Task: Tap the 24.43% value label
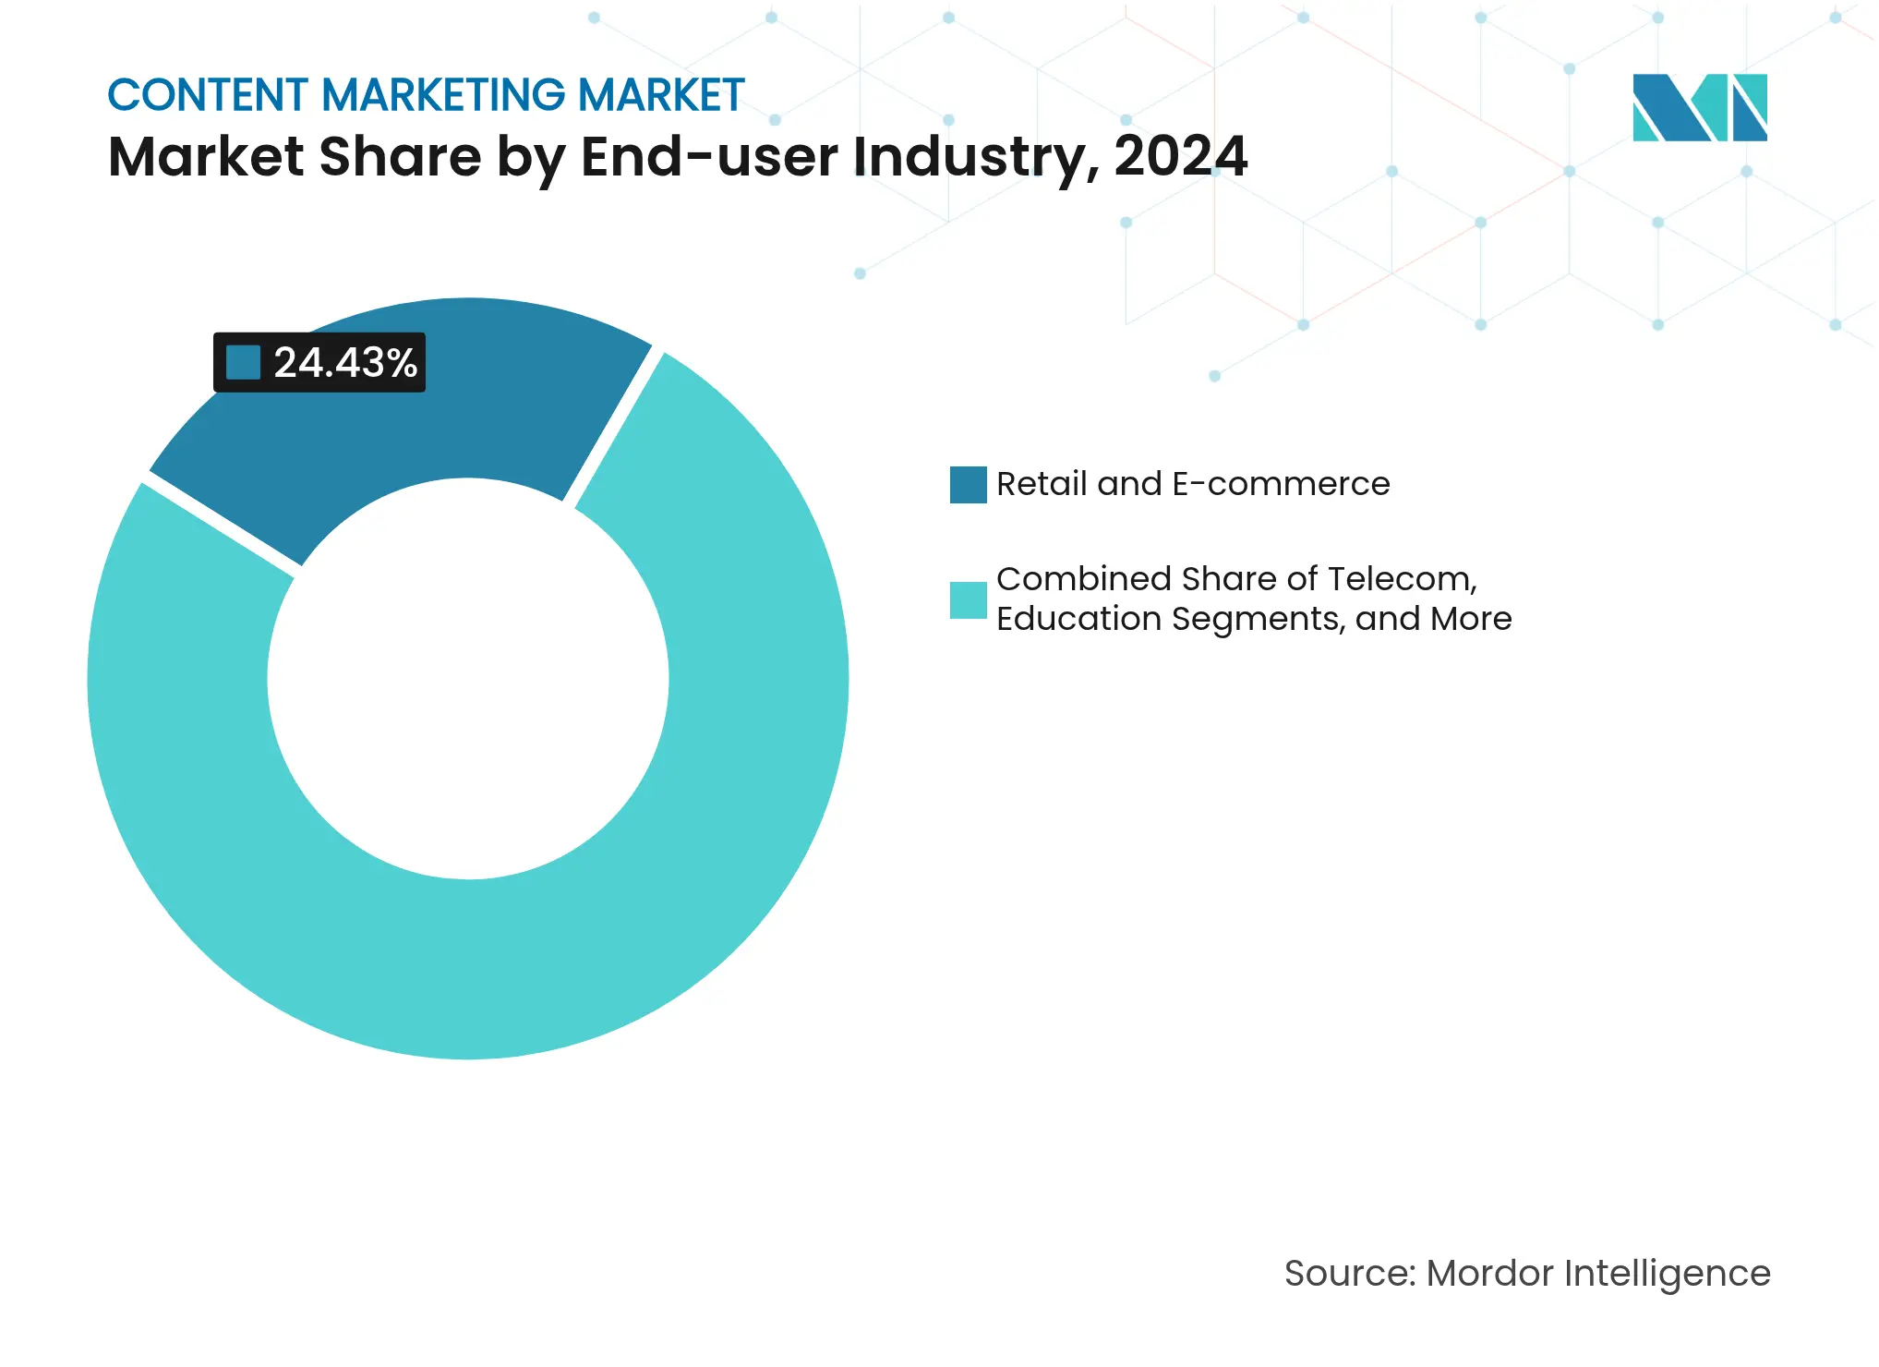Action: [345, 363]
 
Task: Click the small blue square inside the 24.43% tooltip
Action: [244, 363]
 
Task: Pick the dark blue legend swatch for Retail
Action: [968, 485]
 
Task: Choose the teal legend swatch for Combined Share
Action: [968, 599]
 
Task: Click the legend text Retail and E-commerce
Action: [1193, 484]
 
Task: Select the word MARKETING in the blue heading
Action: [443, 95]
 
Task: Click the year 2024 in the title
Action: [1180, 156]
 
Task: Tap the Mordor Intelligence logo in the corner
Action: [1699, 108]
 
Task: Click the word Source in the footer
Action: [1348, 1274]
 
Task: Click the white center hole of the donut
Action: [468, 679]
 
